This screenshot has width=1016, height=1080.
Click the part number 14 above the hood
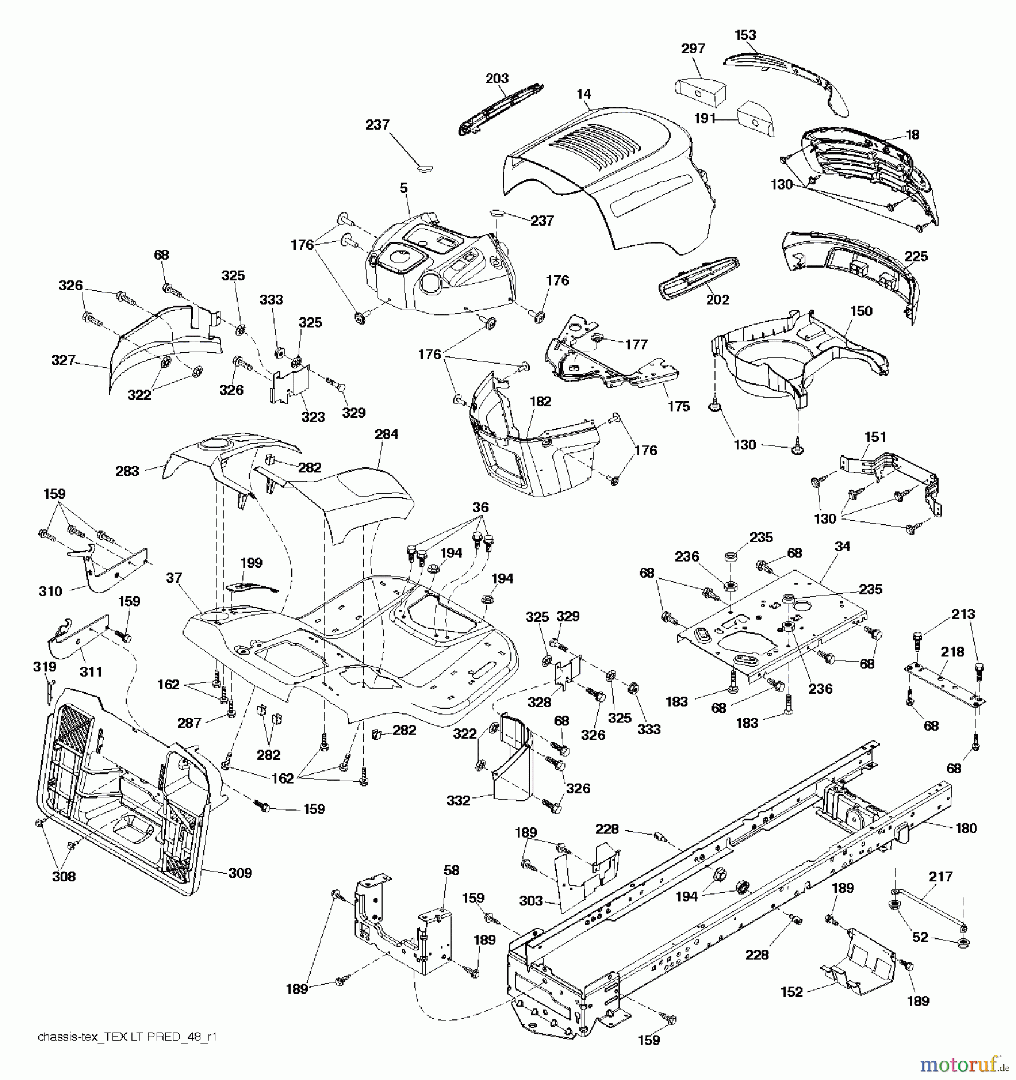pyautogui.click(x=584, y=94)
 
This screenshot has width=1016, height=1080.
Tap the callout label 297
pyautogui.click(x=693, y=49)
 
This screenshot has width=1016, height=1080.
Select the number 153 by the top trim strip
pyautogui.click(x=745, y=35)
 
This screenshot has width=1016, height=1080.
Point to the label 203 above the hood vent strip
pyautogui.click(x=497, y=79)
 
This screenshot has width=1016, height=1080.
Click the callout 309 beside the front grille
pyautogui.click(x=240, y=873)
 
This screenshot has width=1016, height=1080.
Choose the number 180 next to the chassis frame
pyautogui.click(x=966, y=828)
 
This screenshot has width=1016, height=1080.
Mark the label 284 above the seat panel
pyautogui.click(x=386, y=434)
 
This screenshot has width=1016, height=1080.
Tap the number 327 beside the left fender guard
pyautogui.click(x=64, y=360)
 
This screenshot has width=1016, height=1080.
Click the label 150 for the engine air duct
pyautogui.click(x=861, y=311)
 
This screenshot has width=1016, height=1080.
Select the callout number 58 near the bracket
pyautogui.click(x=452, y=870)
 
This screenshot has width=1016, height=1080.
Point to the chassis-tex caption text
pyautogui.click(x=127, y=1037)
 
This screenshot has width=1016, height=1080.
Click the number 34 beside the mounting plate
pyautogui.click(x=842, y=547)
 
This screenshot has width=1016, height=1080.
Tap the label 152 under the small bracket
pyautogui.click(x=792, y=992)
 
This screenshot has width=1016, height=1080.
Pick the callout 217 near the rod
pyautogui.click(x=940, y=877)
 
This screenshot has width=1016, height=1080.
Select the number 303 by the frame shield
pyautogui.click(x=531, y=901)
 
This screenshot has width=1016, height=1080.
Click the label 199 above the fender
pyautogui.click(x=251, y=563)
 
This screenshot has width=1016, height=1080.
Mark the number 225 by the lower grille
pyautogui.click(x=916, y=257)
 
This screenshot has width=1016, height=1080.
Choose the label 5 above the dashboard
pyautogui.click(x=404, y=188)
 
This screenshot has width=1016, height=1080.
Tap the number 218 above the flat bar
pyautogui.click(x=952, y=652)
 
